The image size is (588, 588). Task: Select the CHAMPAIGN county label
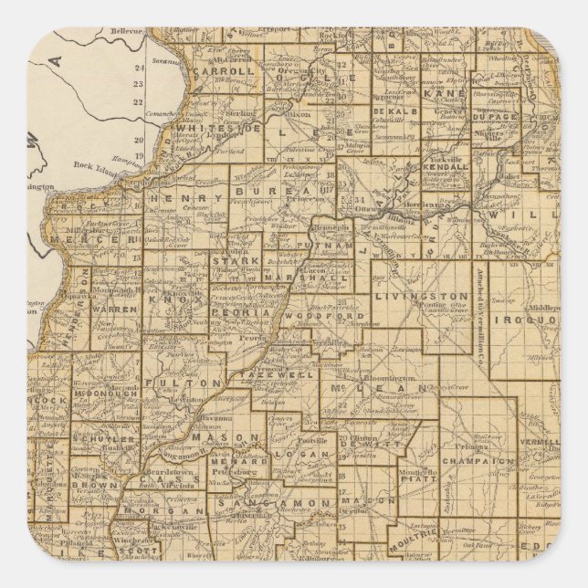pos(478,462)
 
